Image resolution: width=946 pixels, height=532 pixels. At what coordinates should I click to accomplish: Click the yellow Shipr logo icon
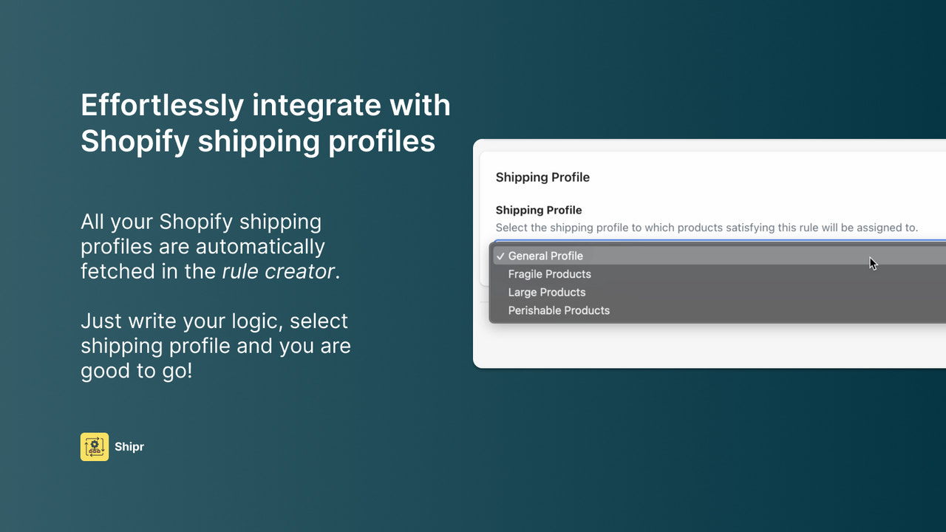coord(95,447)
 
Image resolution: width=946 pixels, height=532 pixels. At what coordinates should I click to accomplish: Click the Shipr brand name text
coord(129,447)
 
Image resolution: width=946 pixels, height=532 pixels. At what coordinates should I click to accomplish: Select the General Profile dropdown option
coord(545,256)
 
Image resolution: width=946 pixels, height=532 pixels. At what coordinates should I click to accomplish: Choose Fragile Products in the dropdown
coord(549,274)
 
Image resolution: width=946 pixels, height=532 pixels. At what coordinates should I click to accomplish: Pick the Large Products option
coord(546,293)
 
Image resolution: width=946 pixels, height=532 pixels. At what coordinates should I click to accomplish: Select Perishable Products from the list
coord(559,310)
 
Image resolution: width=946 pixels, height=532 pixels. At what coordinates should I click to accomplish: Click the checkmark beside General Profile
coord(500,256)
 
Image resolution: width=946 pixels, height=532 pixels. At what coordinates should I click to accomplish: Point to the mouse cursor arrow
coord(873,263)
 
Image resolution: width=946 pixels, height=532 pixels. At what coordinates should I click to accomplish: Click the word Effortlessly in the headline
coord(161,105)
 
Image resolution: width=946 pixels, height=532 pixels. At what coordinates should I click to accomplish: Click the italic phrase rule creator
coord(278,271)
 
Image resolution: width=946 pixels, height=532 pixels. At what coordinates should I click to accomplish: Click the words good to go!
coord(136,370)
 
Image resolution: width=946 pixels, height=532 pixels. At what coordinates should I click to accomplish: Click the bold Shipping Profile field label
coord(538,210)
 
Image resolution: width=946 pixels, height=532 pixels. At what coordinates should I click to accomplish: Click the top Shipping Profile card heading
coord(542,177)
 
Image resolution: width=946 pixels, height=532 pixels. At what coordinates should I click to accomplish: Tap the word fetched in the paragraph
coord(118,271)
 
